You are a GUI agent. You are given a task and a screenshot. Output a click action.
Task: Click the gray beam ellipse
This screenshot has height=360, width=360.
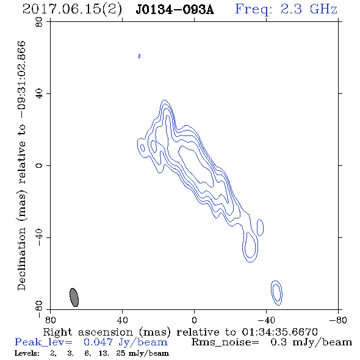[74, 297]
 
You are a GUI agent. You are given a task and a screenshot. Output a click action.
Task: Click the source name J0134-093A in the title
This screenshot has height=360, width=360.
[175, 10]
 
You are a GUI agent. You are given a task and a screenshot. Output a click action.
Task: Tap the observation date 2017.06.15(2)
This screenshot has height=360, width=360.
[72, 10]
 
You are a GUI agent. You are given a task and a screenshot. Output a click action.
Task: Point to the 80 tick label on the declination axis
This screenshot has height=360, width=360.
[39, 23]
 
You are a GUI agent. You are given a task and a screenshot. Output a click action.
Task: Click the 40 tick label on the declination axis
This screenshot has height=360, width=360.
[39, 94]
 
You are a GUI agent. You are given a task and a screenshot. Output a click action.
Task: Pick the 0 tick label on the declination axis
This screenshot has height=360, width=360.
[39, 165]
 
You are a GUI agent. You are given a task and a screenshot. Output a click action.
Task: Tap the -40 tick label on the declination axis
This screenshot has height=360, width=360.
[39, 237]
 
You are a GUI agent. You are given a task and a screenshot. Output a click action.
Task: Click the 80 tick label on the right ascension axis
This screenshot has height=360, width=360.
[50, 320]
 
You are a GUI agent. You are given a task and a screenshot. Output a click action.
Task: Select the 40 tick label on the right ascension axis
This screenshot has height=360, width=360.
[122, 320]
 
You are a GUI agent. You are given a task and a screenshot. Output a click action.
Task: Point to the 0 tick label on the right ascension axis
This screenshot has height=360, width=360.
[194, 320]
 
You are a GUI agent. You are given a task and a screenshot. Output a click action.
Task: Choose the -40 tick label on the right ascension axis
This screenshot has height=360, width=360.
[266, 320]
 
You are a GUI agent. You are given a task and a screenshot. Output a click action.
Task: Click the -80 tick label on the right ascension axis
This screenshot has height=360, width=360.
[338, 320]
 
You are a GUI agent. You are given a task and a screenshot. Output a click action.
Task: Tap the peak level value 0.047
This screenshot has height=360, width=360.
[98, 342]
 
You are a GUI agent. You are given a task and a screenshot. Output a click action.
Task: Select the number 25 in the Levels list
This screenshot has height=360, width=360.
[121, 353]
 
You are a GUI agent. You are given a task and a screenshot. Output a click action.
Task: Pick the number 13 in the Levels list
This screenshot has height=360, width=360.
[103, 353]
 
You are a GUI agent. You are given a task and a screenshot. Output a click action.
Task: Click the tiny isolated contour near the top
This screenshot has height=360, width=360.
[139, 56]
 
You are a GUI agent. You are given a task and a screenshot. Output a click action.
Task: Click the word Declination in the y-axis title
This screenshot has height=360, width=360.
[21, 259]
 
